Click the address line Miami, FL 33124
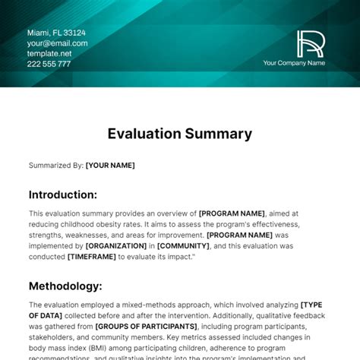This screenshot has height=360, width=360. (56, 33)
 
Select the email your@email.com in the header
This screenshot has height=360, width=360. (58, 43)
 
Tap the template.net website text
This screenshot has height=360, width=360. (49, 54)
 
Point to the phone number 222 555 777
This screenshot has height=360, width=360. (49, 64)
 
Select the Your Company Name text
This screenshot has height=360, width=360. (294, 63)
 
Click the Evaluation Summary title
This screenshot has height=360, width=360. (179, 134)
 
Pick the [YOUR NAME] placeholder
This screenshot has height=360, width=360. (111, 165)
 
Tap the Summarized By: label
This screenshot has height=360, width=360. (56, 165)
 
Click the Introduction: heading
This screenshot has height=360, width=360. (62, 194)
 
